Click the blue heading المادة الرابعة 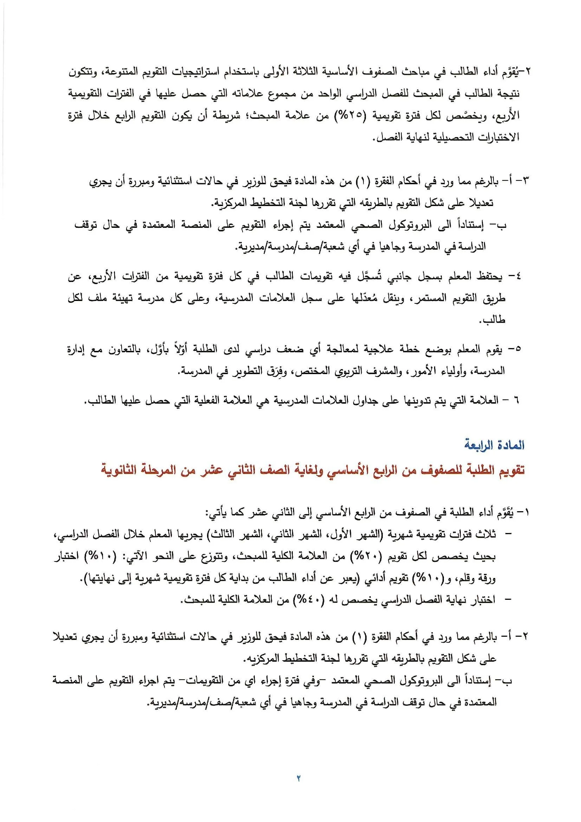(x=495, y=445)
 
